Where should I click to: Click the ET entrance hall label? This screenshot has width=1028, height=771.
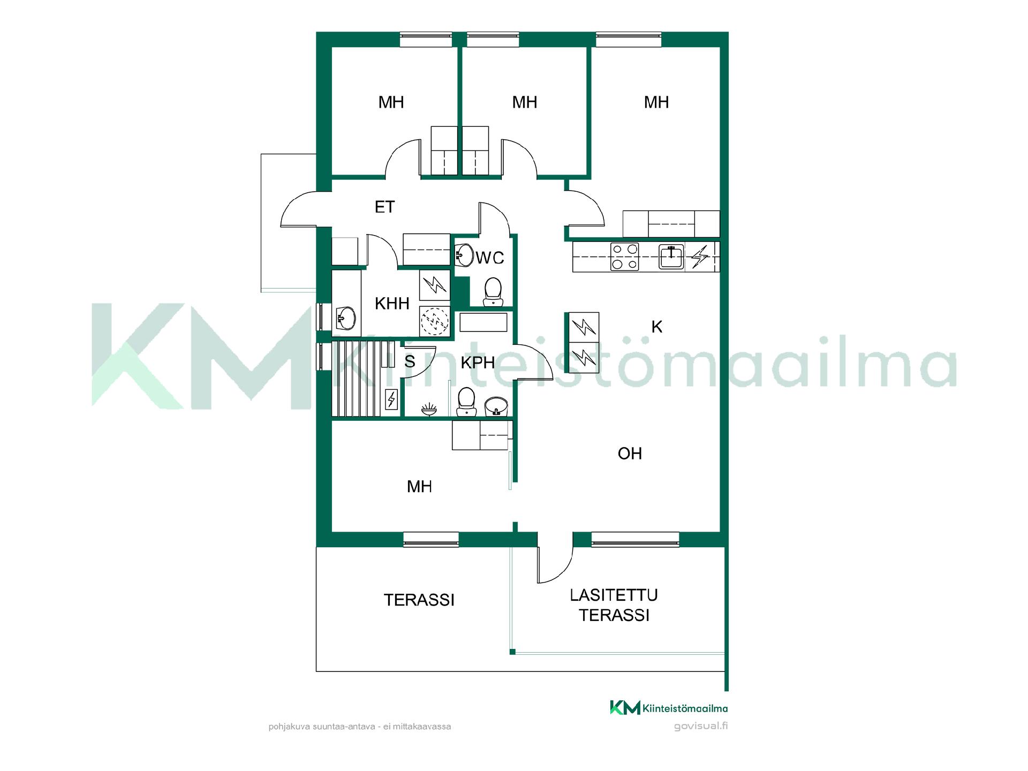[384, 207]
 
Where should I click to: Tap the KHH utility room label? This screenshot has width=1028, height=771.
[392, 304]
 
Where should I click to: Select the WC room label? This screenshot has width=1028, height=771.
[490, 258]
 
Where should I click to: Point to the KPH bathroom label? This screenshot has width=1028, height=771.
[478, 362]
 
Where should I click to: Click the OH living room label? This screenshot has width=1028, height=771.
[630, 453]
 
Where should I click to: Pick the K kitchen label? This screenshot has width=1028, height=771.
[657, 327]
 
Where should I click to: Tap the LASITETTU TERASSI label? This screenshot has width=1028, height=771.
[614, 605]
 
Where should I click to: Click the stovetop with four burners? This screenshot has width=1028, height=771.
[625, 257]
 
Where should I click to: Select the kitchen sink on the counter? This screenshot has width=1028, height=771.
[671, 257]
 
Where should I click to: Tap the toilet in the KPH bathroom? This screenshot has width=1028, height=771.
[466, 402]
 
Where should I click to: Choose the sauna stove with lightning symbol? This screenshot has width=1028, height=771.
[392, 399]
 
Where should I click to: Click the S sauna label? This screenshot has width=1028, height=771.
[410, 362]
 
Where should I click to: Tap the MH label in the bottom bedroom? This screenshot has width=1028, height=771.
[419, 487]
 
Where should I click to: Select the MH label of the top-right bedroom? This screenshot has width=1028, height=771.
[656, 102]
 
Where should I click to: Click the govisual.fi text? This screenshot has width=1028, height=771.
[701, 727]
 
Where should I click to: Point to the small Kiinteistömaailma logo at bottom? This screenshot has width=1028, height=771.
[669, 708]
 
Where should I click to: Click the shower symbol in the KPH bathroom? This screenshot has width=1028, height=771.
[429, 410]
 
